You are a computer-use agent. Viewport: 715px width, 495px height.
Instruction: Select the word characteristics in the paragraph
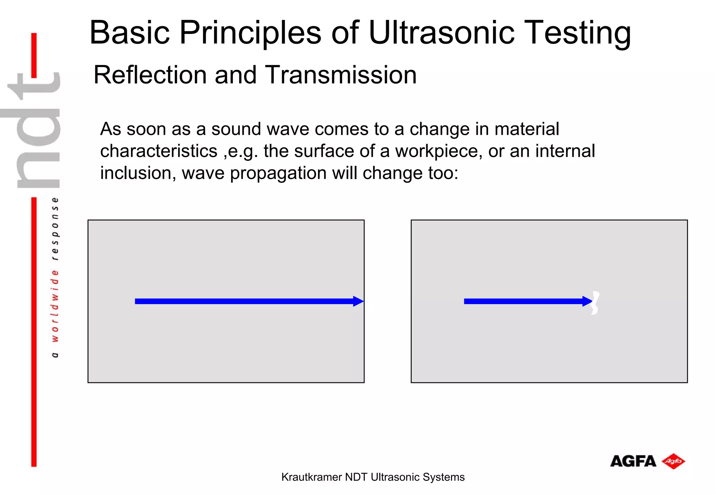159,152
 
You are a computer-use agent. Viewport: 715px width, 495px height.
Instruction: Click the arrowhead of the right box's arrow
587,301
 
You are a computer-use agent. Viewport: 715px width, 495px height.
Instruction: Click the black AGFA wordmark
633,461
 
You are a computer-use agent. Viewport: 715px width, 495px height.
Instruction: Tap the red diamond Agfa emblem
673,461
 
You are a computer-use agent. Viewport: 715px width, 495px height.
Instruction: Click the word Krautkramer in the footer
311,477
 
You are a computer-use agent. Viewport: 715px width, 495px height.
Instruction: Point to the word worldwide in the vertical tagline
55,305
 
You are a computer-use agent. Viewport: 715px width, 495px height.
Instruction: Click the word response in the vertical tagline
55,229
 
